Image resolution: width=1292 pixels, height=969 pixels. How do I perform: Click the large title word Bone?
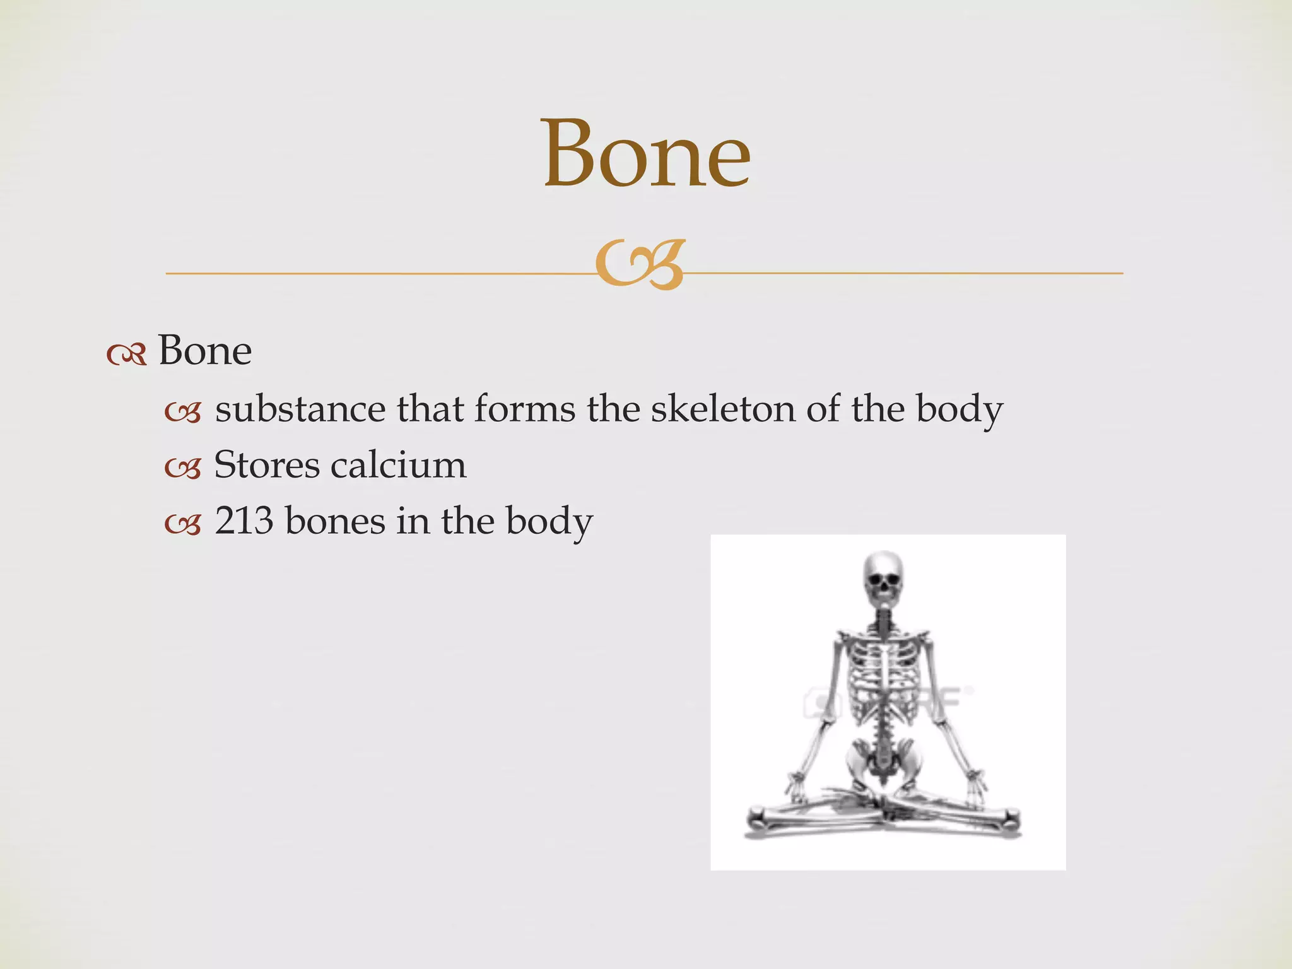click(x=647, y=155)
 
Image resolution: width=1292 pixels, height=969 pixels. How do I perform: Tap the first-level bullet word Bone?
click(x=204, y=351)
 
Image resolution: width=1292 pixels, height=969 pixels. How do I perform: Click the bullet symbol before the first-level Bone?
click(x=126, y=355)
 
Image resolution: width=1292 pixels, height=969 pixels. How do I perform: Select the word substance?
click(x=300, y=409)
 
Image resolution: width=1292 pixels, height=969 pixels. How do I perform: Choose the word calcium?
click(x=399, y=466)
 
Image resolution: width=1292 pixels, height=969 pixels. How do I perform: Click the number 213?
click(x=244, y=521)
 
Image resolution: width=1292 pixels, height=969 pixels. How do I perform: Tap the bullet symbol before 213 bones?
click(x=182, y=524)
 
